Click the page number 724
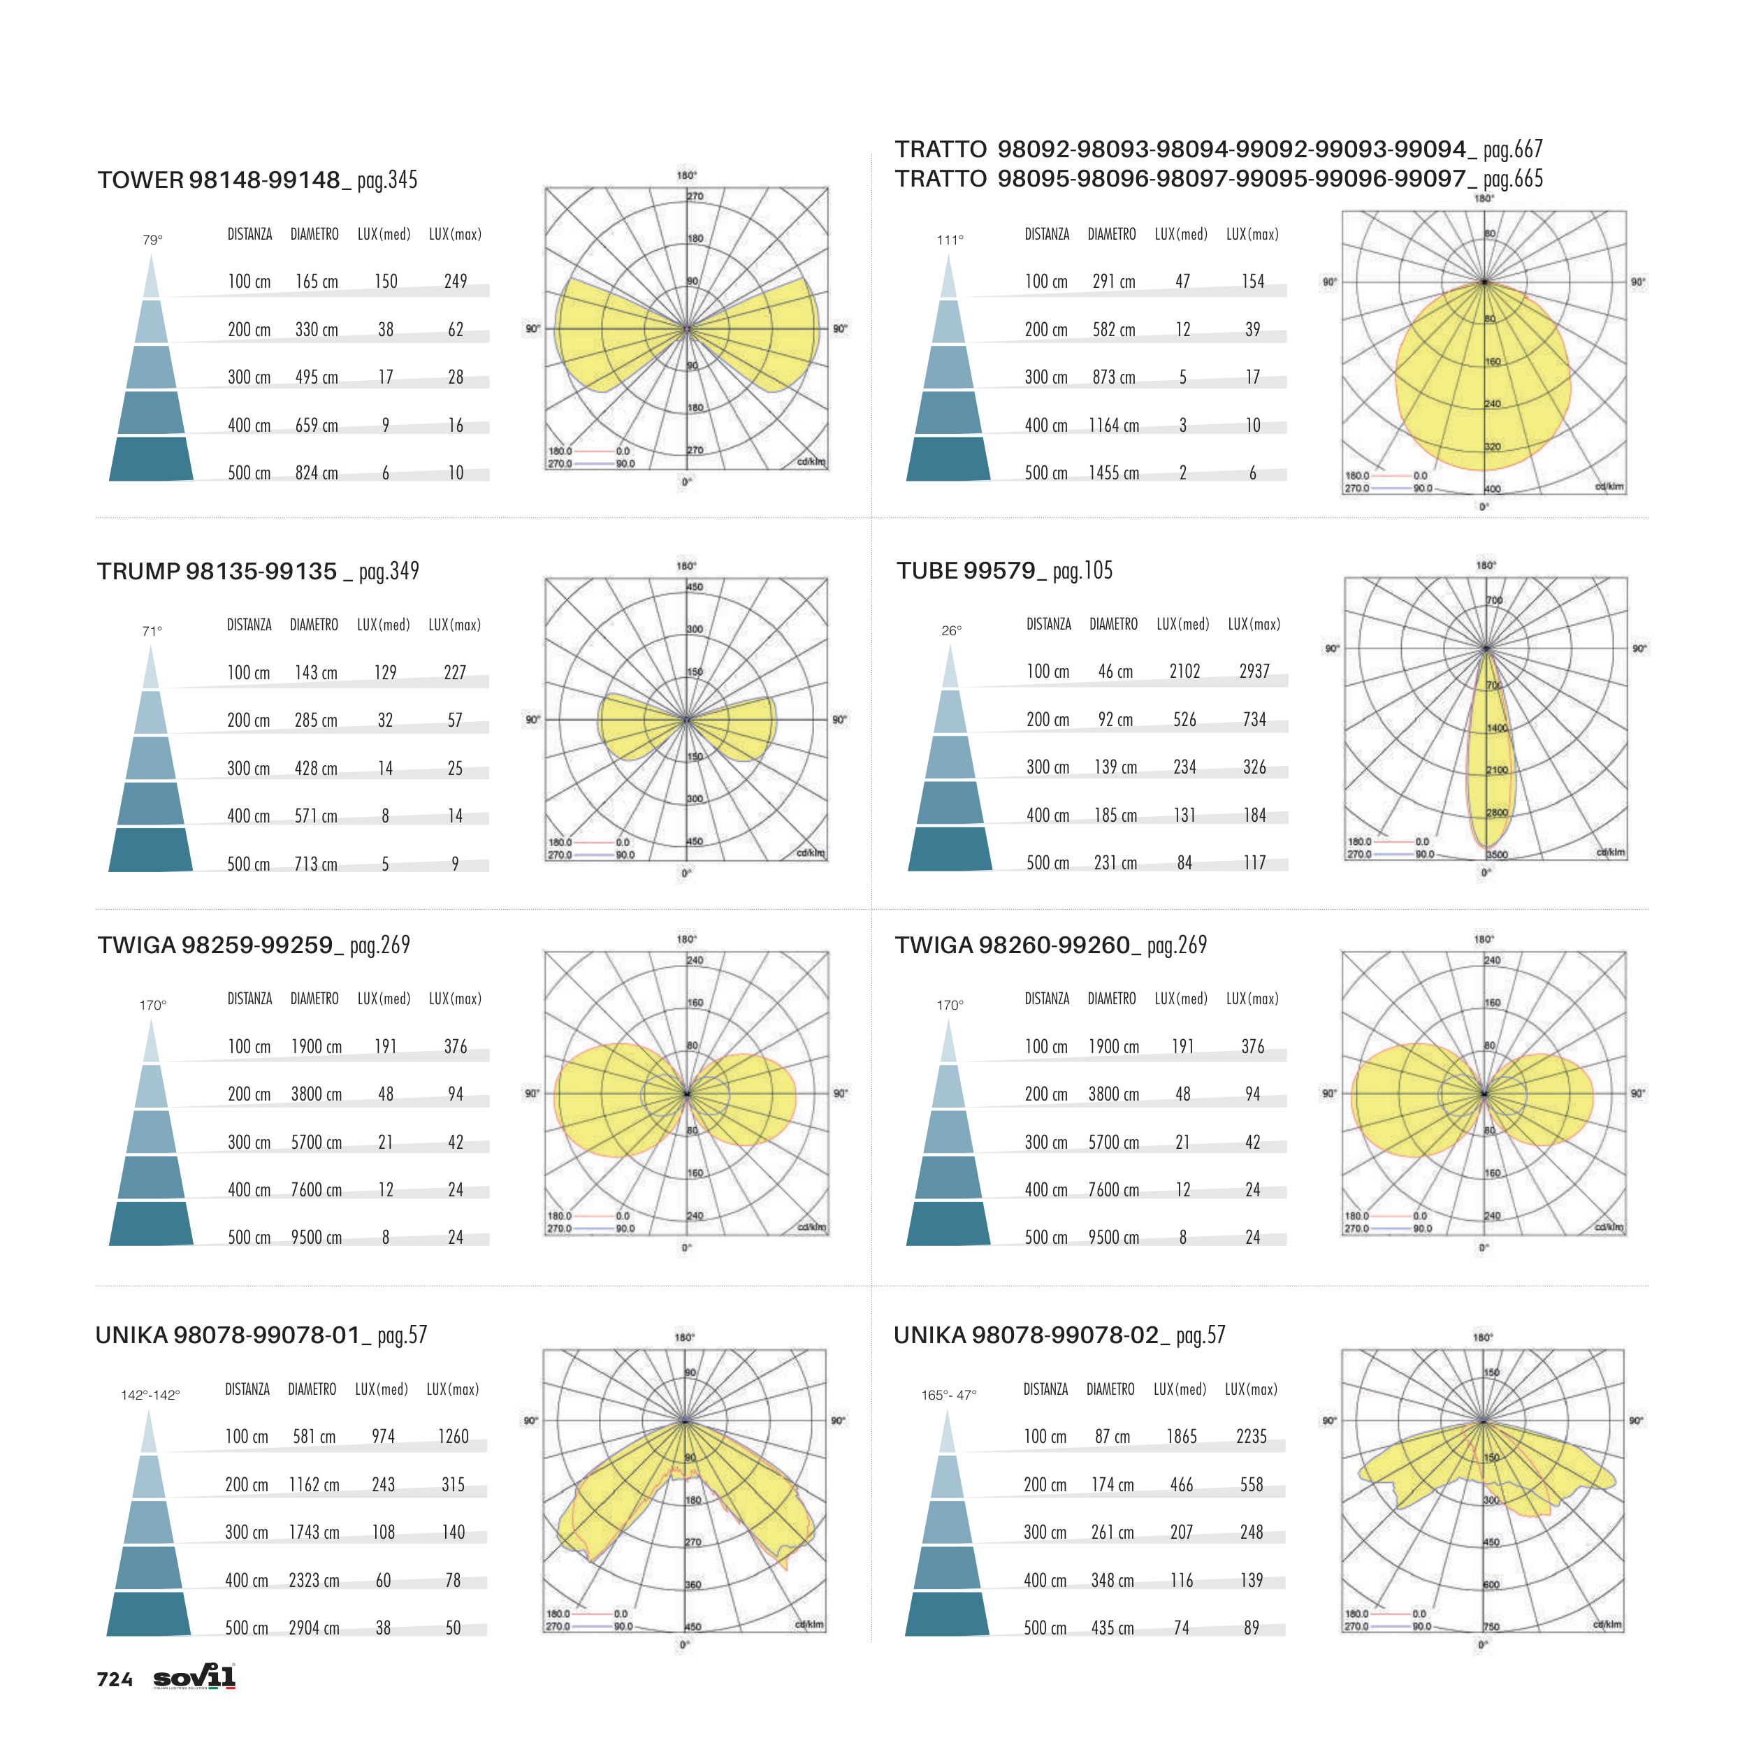click(115, 1680)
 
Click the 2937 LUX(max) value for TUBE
click(1254, 672)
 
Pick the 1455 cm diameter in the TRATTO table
click(1113, 474)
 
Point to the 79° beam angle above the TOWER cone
click(152, 240)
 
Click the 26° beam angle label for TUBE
click(951, 631)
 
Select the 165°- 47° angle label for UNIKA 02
click(948, 1396)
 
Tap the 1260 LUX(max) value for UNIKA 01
click(453, 1437)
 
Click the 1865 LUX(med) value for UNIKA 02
click(1181, 1437)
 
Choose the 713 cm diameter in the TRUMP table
click(316, 864)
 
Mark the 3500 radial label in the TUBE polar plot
click(1497, 855)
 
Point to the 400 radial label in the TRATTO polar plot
click(1493, 489)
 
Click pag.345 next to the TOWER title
click(387, 181)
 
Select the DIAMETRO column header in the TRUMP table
click(314, 625)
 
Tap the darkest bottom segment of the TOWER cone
click(151, 459)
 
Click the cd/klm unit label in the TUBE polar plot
click(1611, 853)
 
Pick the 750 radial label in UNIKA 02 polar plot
click(1491, 1627)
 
